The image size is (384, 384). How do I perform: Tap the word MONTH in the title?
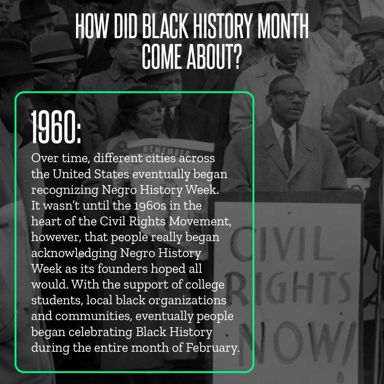[x=283, y=26]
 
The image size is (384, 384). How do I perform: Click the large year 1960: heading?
[x=56, y=127]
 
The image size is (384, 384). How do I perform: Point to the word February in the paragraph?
[x=213, y=348]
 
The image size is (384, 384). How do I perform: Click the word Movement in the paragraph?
[x=200, y=222]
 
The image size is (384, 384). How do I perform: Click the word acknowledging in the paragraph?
[x=74, y=253]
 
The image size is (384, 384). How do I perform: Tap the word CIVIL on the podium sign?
[x=282, y=244]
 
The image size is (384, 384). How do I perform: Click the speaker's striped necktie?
[x=287, y=148]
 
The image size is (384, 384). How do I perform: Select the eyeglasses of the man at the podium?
[x=290, y=93]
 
